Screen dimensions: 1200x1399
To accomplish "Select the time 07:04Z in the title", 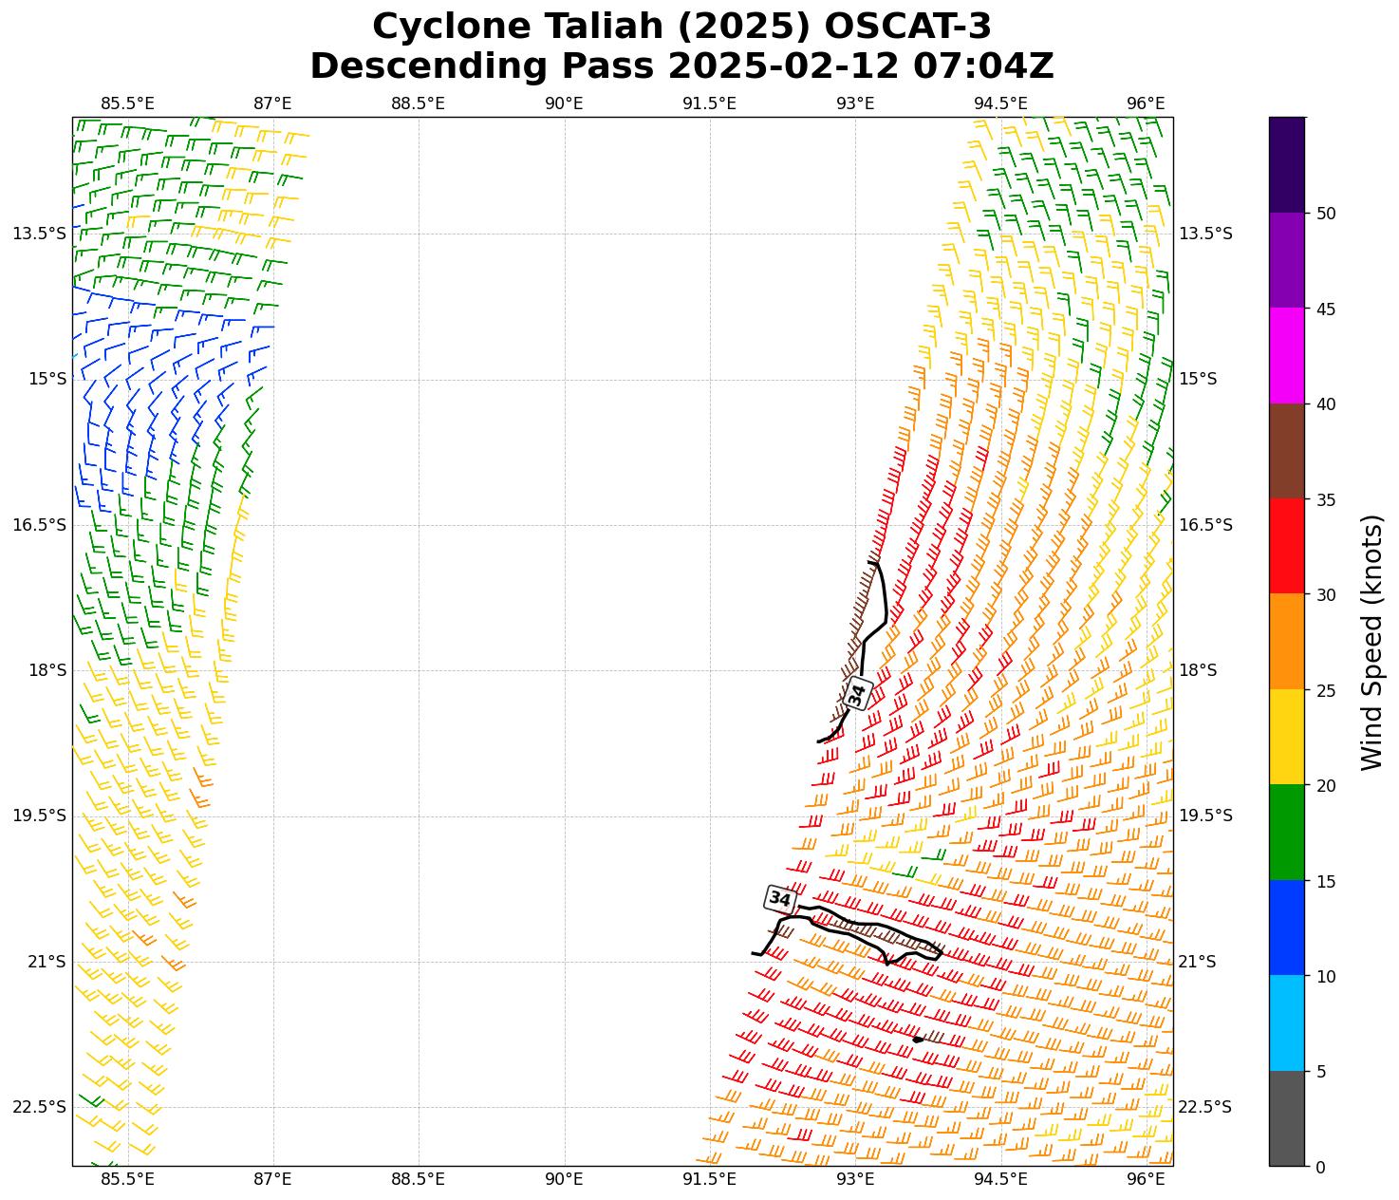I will pyautogui.click(x=983, y=66).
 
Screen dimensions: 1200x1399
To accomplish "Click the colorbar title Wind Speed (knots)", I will pyautogui.click(x=1371, y=642).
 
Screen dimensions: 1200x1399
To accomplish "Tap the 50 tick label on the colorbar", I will pyautogui.click(x=1327, y=214).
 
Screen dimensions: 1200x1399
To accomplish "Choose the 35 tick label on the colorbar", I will pyautogui.click(x=1327, y=499).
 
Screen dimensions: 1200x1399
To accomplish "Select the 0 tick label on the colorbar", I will pyautogui.click(x=1321, y=1167).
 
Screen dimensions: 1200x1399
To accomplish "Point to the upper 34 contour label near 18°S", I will pyautogui.click(x=857, y=694).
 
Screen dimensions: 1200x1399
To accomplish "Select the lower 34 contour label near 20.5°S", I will pyautogui.click(x=779, y=898).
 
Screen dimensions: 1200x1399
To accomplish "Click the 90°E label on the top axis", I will pyautogui.click(x=564, y=103).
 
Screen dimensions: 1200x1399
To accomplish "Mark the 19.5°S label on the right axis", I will pyautogui.click(x=1205, y=816).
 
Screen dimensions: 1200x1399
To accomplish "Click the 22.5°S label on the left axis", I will pyautogui.click(x=40, y=1107).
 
